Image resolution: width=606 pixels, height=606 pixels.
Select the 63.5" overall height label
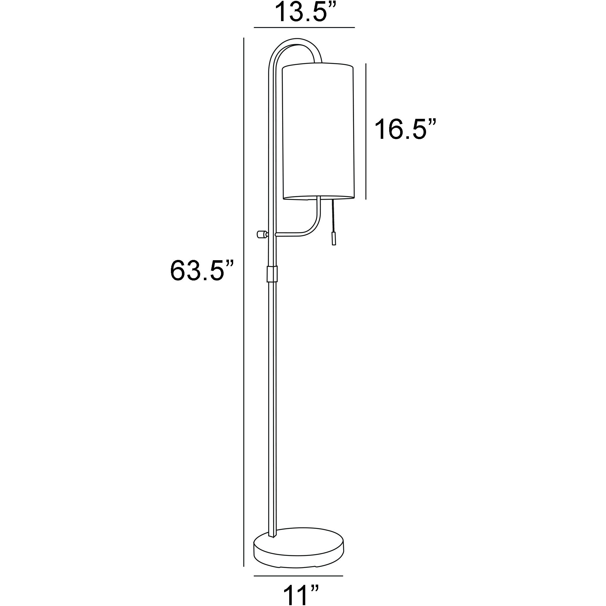coord(202,270)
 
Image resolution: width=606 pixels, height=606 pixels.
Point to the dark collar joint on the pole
coord(272,274)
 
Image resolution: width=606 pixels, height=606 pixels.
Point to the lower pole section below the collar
coord(272,408)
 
